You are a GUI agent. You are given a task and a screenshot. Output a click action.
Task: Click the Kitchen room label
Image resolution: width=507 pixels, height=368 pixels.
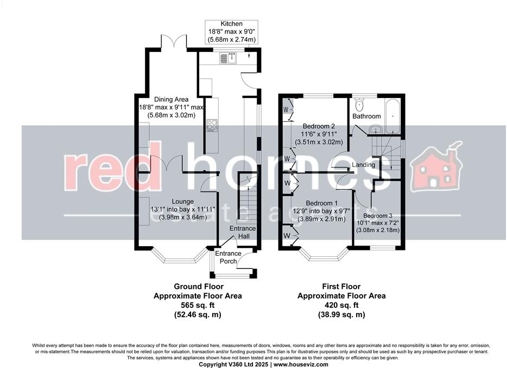(230, 24)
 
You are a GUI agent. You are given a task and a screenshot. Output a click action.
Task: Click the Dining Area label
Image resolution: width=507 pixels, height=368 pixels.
(171, 99)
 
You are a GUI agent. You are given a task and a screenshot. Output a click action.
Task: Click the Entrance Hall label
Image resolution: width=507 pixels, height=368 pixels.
(242, 232)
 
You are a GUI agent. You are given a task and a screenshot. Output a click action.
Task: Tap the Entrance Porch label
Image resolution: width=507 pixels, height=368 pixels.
(229, 257)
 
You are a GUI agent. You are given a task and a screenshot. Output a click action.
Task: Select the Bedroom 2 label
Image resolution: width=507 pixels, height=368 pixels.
(319, 126)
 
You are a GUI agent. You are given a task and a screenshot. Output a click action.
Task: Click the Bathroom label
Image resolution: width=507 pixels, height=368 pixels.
(366, 116)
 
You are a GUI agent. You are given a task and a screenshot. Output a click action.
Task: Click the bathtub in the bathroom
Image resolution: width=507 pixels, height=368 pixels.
(392, 115)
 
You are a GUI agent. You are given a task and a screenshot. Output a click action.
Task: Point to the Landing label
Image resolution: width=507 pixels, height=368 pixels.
(363, 165)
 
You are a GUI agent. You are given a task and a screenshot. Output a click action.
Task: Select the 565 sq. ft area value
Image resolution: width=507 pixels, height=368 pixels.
(198, 305)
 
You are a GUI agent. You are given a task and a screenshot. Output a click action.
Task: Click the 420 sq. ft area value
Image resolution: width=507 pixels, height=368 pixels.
(341, 305)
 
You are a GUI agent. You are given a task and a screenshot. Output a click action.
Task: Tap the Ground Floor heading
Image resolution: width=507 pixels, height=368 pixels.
(198, 287)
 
